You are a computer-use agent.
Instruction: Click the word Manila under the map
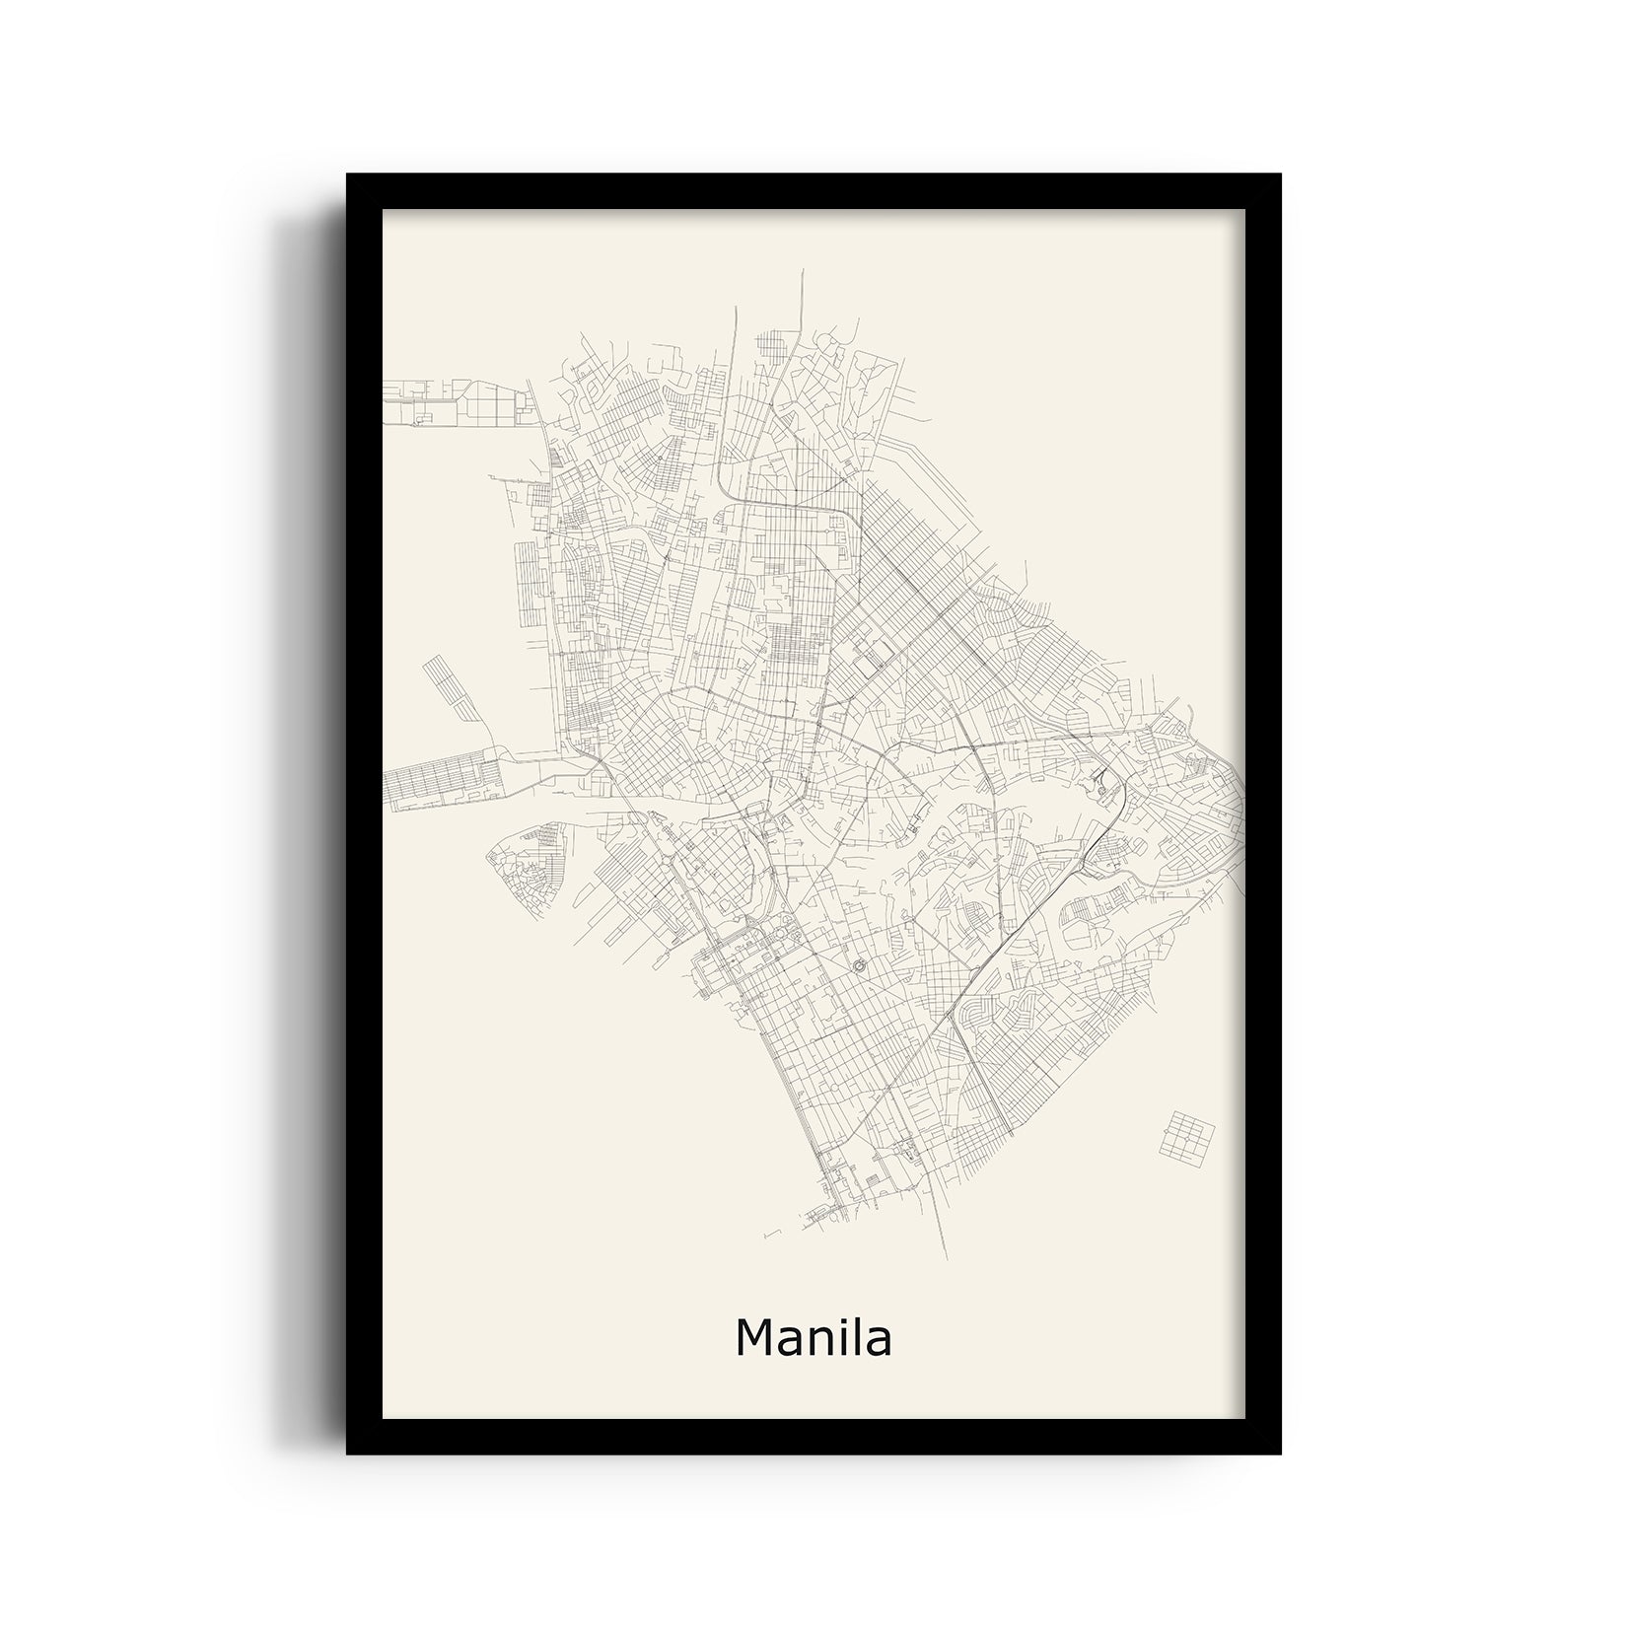click(814, 1338)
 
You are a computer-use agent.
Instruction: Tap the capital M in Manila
click(754, 1338)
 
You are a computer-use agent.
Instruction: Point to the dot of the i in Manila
click(837, 1320)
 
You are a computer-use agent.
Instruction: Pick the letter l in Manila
click(855, 1338)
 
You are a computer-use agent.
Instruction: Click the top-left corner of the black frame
click(348, 176)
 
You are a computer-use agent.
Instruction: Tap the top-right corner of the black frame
click(1280, 176)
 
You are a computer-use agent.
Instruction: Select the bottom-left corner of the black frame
click(348, 1453)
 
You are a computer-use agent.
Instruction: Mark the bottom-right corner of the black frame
click(1280, 1453)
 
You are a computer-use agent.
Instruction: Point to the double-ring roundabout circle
click(856, 963)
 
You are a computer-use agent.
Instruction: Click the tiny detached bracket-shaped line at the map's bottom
click(771, 1233)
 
